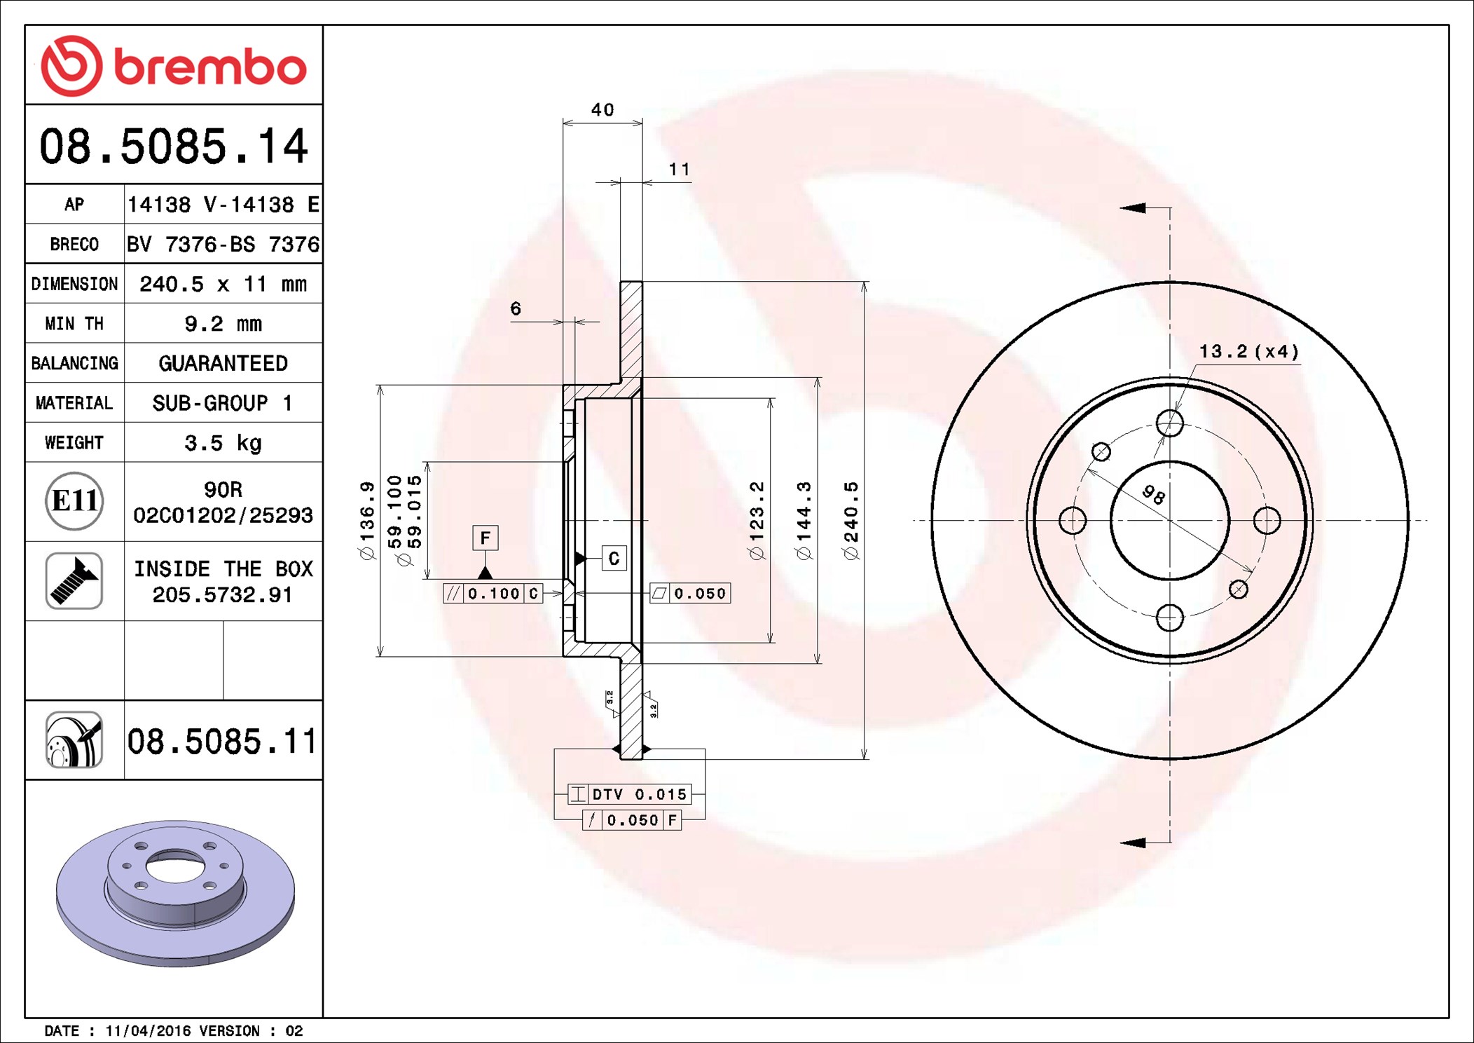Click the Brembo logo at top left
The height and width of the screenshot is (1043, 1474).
coord(173,66)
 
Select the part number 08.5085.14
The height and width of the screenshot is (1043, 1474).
coord(173,146)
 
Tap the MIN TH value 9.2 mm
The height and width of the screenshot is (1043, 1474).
coord(223,324)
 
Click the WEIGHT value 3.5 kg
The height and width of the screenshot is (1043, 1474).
coord(223,443)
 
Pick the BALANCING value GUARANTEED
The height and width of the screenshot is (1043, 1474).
coord(223,363)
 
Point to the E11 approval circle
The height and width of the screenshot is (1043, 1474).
coord(74,501)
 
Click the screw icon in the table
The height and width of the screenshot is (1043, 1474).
coord(74,580)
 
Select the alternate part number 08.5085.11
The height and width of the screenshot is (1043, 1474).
coord(222,741)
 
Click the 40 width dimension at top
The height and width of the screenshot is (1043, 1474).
coord(602,110)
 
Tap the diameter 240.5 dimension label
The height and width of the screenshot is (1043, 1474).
coord(851,521)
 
